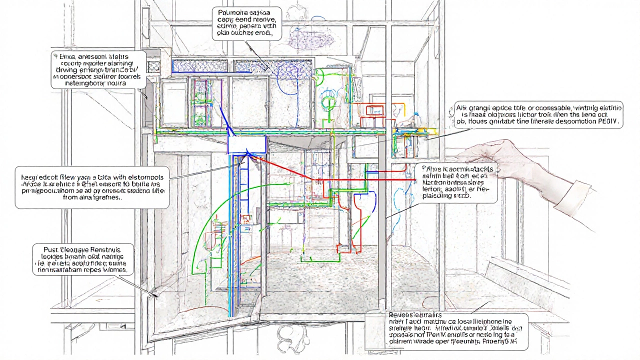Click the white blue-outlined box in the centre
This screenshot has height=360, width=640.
pyautogui.click(x=246, y=144)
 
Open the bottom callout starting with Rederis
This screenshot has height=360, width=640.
pyautogui.click(x=446, y=330)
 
